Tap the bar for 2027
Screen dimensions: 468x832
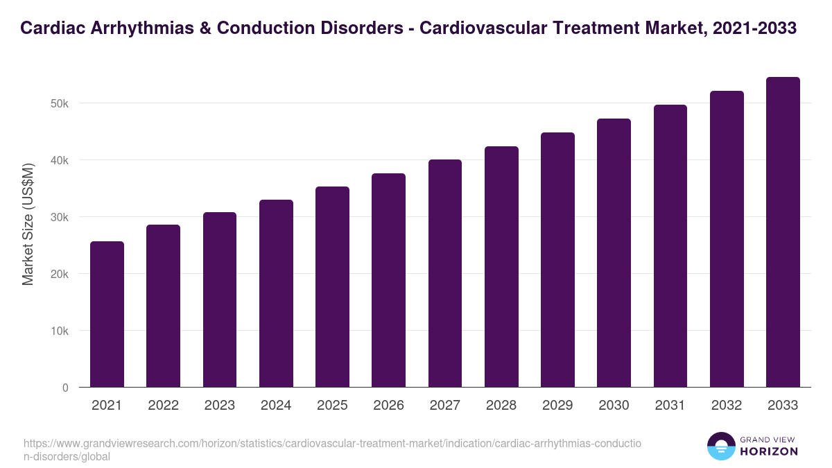pos(445,273)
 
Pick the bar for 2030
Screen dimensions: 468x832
pos(614,253)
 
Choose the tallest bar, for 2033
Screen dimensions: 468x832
pos(783,232)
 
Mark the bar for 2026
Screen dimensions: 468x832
pos(388,280)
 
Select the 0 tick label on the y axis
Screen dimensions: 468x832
pos(65,388)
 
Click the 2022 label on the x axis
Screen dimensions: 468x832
pos(163,406)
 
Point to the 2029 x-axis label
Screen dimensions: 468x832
pos(557,406)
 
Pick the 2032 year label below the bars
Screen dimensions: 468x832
pos(727,406)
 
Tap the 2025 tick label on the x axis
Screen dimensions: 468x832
pos(332,406)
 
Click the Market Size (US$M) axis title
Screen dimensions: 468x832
pos(28,223)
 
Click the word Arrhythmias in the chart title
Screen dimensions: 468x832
pos(139,28)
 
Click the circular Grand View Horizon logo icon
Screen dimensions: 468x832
pos(721,446)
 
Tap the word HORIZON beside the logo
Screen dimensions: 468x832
pos(769,451)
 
